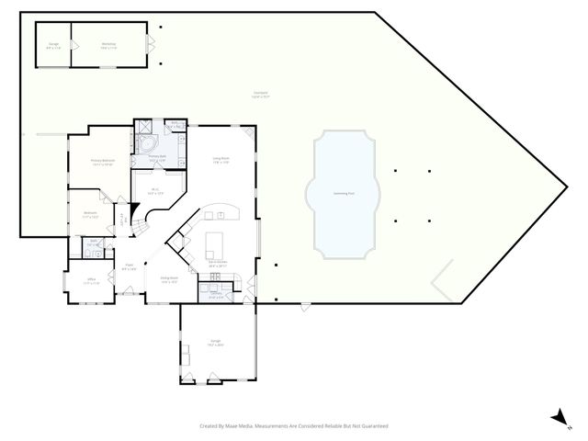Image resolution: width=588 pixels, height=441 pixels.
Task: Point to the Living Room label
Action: pyautogui.click(x=220, y=161)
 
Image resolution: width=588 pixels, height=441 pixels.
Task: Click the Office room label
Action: pyautogui.click(x=92, y=281)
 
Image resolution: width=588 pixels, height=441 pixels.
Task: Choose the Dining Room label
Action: pyautogui.click(x=169, y=279)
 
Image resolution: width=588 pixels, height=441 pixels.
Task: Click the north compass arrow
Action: pyautogui.click(x=558, y=418)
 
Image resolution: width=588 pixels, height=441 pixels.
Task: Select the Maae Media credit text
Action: pyautogui.click(x=294, y=426)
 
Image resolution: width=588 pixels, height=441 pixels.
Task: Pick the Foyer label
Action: pyautogui.click(x=130, y=267)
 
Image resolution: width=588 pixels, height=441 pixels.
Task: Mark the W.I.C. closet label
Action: pyautogui.click(x=156, y=192)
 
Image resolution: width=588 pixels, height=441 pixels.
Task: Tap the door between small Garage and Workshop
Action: pyautogui.click(x=73, y=44)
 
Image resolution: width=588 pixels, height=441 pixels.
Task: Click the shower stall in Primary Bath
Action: pyautogui.click(x=143, y=128)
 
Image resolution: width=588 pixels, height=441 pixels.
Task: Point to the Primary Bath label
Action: pyautogui.click(x=156, y=160)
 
